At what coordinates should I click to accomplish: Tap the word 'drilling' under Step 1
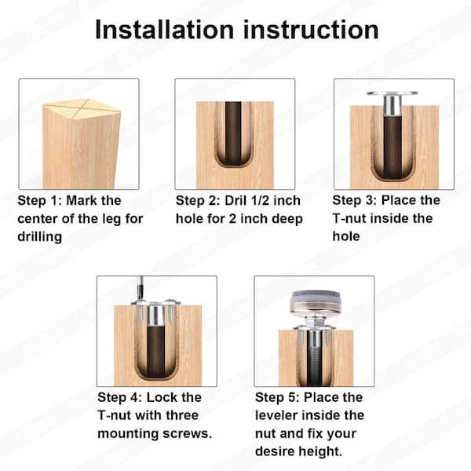point(39,236)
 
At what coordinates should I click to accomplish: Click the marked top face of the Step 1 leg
point(81,105)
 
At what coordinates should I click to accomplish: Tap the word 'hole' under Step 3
point(349,235)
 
